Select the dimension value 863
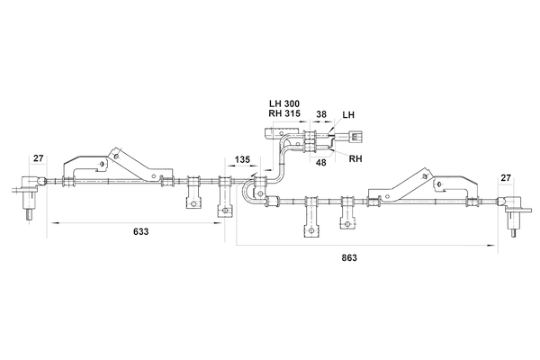(350, 257)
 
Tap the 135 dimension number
(242, 160)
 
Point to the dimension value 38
(321, 115)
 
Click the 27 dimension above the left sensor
(38, 159)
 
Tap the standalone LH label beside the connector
(349, 115)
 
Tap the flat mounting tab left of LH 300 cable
(274, 135)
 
